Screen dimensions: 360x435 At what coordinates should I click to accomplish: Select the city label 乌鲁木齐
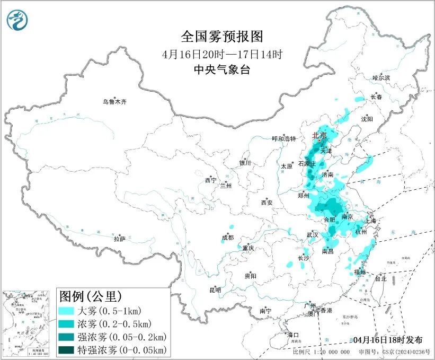pos(114,102)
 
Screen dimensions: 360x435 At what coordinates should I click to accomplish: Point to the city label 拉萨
pos(119,239)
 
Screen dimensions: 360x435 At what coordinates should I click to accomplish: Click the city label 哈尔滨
pos(380,78)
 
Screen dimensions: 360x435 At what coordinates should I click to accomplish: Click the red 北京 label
pos(319,135)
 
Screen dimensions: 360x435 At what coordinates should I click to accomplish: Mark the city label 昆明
pos(215,289)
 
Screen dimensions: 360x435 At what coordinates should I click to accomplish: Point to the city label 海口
pos(293,335)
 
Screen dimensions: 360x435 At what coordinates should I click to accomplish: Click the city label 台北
pos(380,278)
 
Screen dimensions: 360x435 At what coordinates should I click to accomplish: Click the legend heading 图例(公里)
pos(90,295)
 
